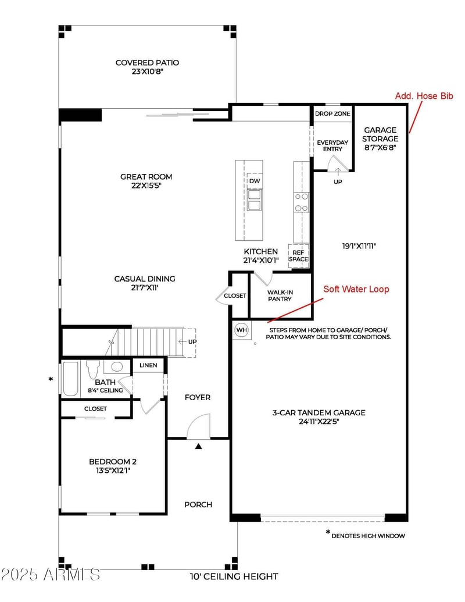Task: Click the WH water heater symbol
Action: (x=241, y=330)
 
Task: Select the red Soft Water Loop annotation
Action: (x=356, y=289)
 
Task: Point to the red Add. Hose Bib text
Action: (x=424, y=95)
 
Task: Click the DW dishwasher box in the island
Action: (x=255, y=181)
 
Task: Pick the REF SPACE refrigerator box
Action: (x=299, y=256)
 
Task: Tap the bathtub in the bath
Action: (x=70, y=379)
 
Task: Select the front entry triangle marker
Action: (x=198, y=446)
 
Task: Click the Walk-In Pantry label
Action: (x=280, y=295)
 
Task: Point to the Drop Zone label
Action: (x=332, y=113)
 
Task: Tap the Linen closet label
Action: (x=148, y=365)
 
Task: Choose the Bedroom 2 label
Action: (x=113, y=466)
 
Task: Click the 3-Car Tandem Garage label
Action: (x=319, y=417)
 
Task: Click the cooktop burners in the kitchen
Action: (x=301, y=202)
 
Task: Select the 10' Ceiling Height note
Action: (x=234, y=576)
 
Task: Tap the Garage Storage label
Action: (x=380, y=138)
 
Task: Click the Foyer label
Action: (x=198, y=397)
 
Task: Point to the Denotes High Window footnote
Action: (x=366, y=535)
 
